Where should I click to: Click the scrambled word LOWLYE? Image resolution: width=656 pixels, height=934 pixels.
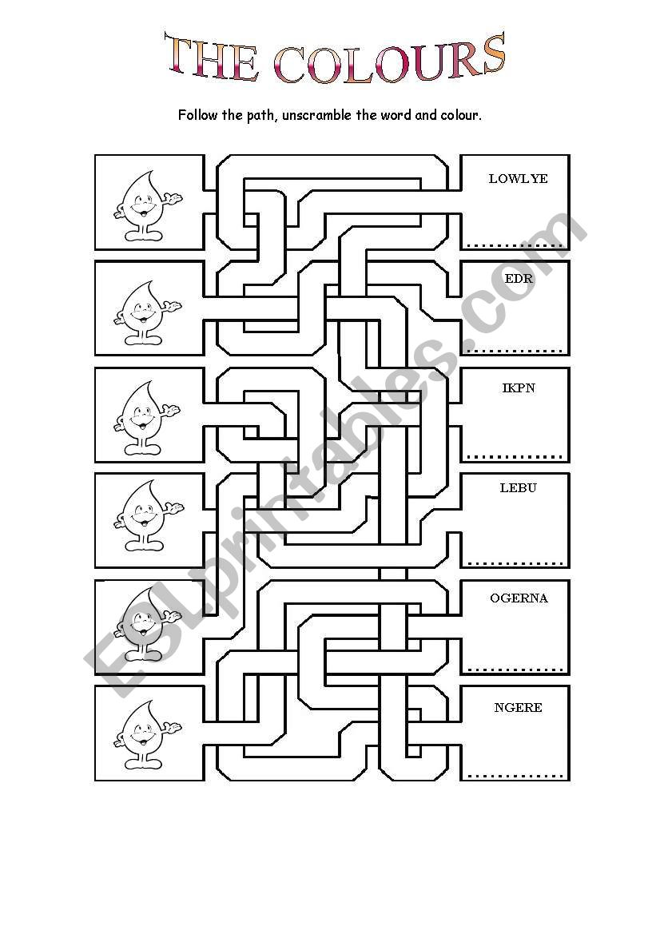click(518, 179)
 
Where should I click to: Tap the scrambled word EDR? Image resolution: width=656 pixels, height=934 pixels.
click(519, 279)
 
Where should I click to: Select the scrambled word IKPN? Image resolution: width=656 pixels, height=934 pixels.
click(519, 388)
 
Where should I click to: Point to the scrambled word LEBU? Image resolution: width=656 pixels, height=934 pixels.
click(518, 488)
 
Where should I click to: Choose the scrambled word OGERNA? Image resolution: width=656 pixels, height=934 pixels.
click(519, 598)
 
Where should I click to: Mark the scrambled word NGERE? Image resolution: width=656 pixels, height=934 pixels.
click(518, 707)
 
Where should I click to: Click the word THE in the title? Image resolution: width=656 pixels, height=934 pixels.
click(212, 60)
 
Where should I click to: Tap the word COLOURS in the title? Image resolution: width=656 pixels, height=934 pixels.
click(390, 60)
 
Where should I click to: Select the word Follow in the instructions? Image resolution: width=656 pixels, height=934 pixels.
click(198, 115)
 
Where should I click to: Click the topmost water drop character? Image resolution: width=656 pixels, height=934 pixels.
click(147, 205)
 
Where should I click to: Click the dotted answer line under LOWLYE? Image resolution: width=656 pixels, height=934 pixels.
click(515, 244)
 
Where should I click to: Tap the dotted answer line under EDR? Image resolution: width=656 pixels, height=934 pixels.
click(515, 350)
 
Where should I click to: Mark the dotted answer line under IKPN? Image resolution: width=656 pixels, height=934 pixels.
click(515, 457)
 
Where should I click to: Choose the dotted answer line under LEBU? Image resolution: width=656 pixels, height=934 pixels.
click(515, 562)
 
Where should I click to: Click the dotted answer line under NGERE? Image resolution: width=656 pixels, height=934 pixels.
click(515, 775)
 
